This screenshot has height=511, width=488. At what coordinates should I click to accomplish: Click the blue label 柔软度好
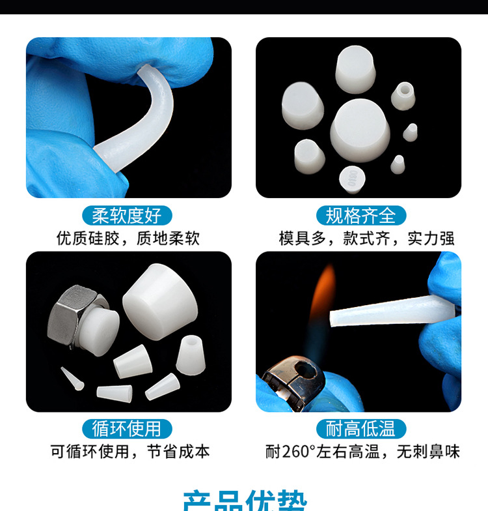[128, 215]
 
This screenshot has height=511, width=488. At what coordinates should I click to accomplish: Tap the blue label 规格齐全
[360, 215]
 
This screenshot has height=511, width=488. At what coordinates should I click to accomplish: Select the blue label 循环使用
[128, 428]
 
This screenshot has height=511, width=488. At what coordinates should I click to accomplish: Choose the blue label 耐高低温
[360, 428]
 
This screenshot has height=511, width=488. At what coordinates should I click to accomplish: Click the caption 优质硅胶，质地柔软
[128, 239]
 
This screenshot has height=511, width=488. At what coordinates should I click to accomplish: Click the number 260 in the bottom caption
[294, 451]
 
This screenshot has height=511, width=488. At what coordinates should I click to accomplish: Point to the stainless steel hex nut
[75, 312]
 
